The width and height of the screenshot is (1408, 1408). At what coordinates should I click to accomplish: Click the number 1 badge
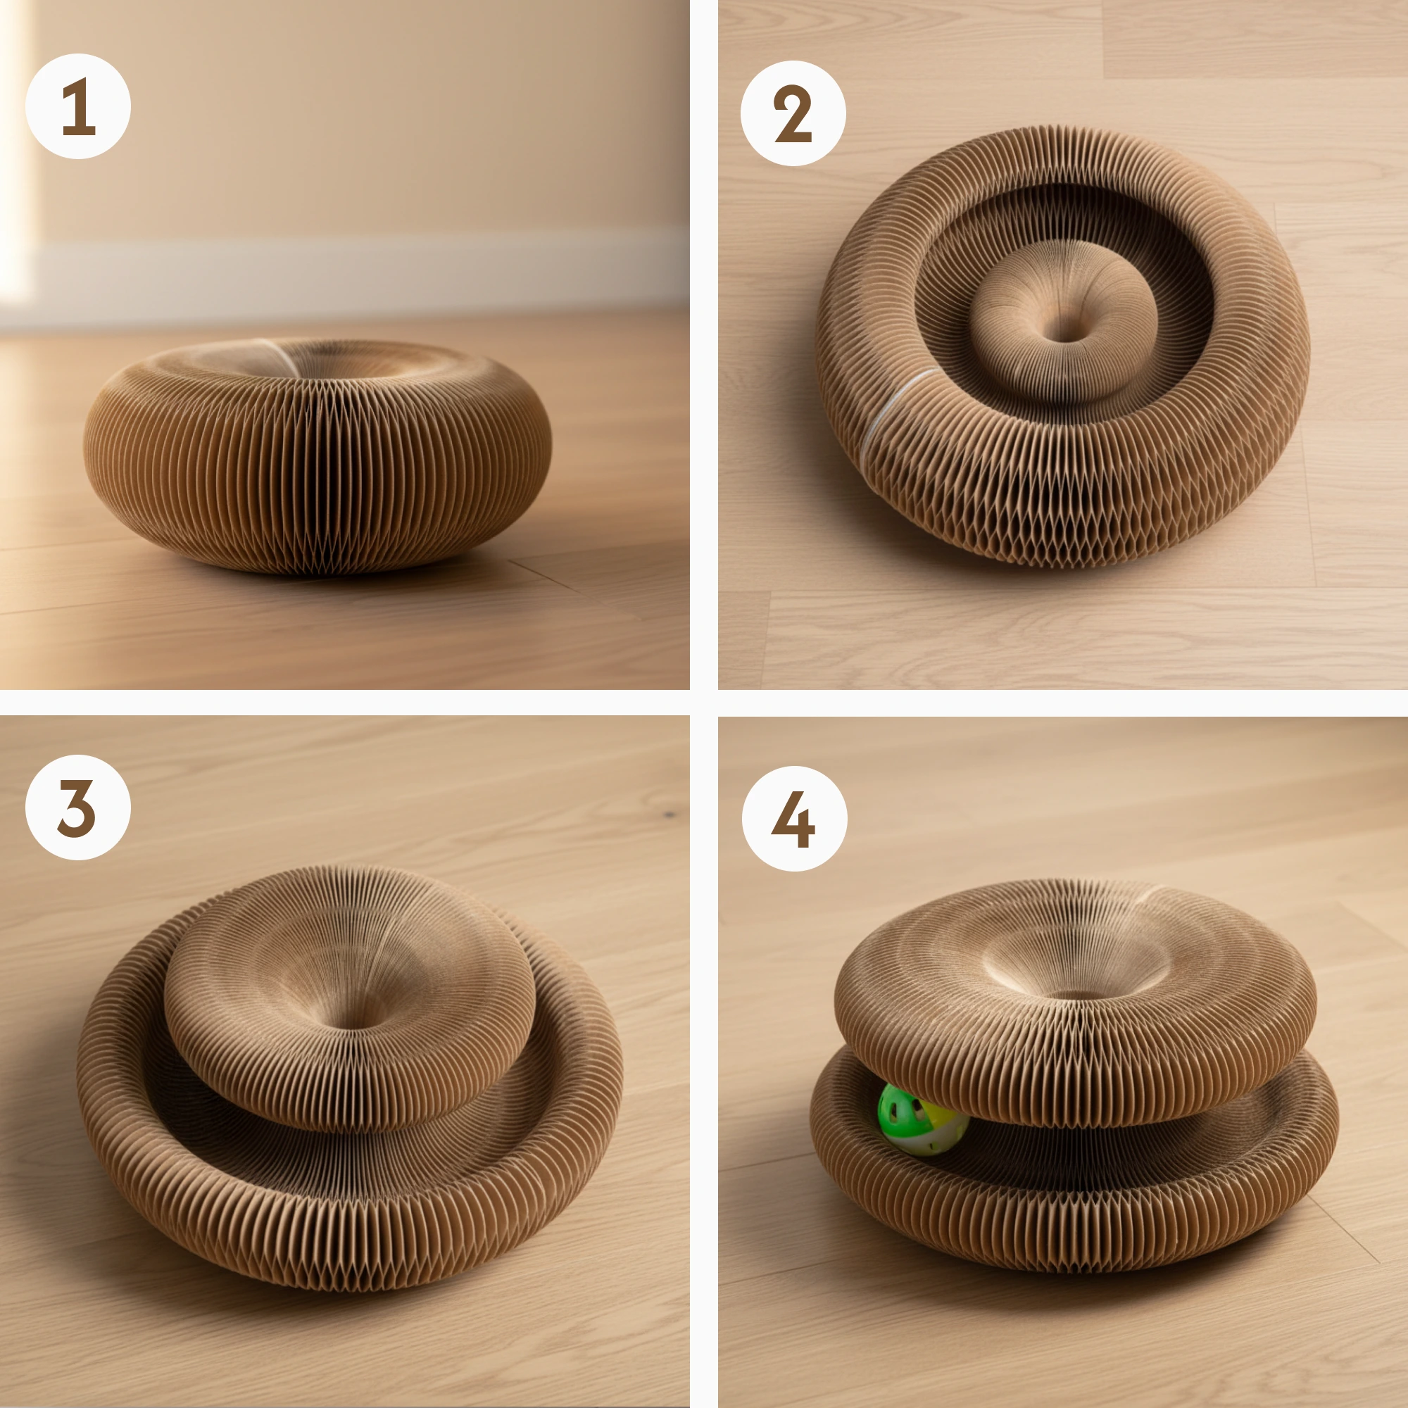pyautogui.click(x=78, y=106)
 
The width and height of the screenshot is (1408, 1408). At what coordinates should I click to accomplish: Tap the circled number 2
pyautogui.click(x=793, y=113)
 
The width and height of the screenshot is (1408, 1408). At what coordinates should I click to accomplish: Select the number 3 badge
pyautogui.click(x=78, y=807)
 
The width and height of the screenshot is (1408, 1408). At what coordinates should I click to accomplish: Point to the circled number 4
pyautogui.click(x=794, y=819)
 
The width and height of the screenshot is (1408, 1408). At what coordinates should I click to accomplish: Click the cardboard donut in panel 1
pyautogui.click(x=318, y=455)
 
